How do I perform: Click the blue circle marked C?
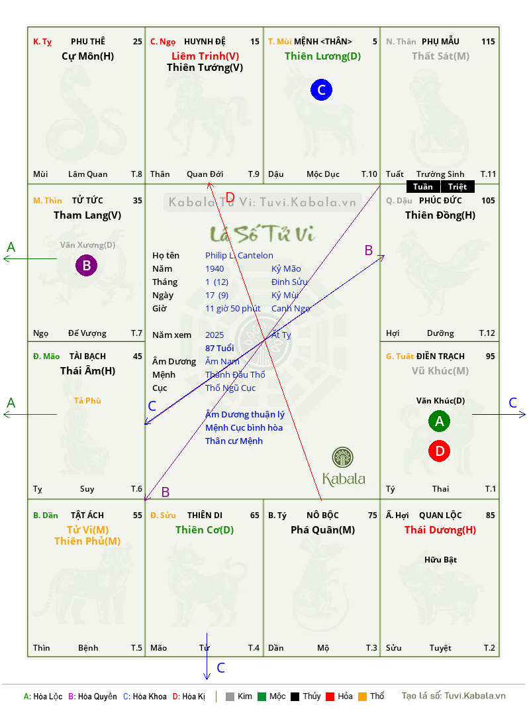[x=321, y=89]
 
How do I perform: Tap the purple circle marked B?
[x=86, y=265]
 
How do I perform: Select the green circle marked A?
[x=440, y=421]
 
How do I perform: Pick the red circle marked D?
[x=440, y=451]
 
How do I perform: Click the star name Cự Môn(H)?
[x=87, y=56]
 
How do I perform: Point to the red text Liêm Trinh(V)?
[x=205, y=56]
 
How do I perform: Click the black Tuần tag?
[x=422, y=187]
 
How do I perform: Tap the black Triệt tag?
[x=457, y=187]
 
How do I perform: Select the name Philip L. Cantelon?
[x=239, y=256]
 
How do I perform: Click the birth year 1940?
[x=215, y=268]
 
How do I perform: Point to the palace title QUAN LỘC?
[x=440, y=515]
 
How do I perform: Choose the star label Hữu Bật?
[x=441, y=560]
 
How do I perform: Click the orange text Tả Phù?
[x=87, y=401]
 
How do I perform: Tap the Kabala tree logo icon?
[x=342, y=458]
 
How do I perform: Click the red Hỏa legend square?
[x=330, y=696]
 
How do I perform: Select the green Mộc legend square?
[x=262, y=696]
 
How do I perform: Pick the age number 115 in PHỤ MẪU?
[x=488, y=42]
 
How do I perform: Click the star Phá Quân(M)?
[x=322, y=530]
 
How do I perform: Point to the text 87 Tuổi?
[x=220, y=348]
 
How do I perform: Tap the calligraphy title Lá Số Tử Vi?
[x=263, y=234]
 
